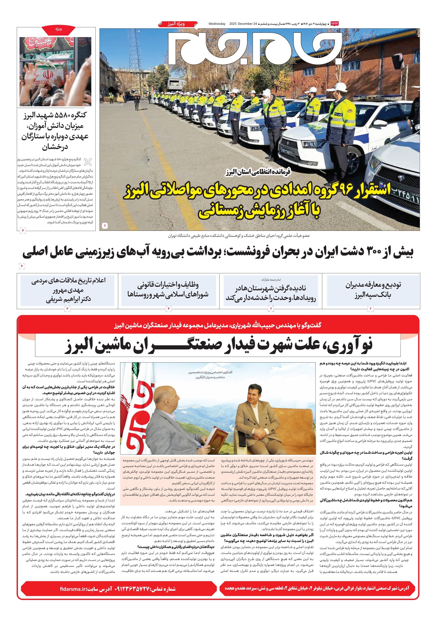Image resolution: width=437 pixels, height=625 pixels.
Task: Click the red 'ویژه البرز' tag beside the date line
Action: coord(177,24)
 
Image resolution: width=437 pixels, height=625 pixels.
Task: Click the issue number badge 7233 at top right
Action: coord(334,24)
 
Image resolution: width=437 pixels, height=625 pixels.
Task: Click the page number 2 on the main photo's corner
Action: coord(105,225)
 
